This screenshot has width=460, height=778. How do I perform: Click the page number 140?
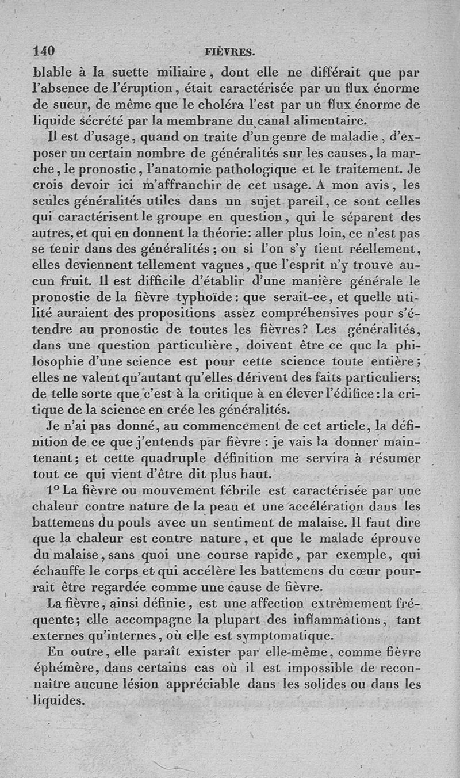[x=44, y=51]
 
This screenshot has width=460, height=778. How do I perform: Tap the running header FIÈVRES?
[x=229, y=52]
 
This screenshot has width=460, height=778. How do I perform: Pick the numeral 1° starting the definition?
[x=54, y=491]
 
